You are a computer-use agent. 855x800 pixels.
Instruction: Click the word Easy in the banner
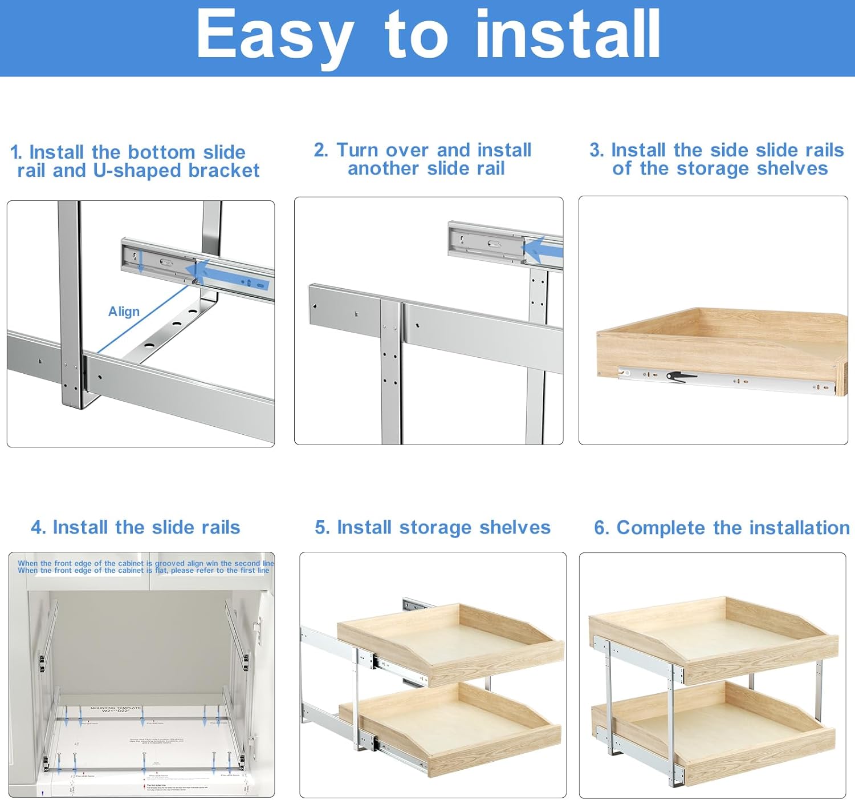pos(274,35)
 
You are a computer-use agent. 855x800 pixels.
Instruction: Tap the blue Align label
pos(124,312)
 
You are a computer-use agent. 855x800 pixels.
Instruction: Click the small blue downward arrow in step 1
pos(141,263)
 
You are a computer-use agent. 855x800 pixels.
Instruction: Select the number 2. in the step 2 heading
pos(321,150)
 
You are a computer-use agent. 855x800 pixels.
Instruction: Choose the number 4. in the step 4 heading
pos(38,527)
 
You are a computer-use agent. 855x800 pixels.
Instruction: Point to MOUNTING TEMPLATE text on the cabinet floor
pos(116,708)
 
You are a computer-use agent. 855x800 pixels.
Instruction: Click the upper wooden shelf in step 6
pos(712,636)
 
